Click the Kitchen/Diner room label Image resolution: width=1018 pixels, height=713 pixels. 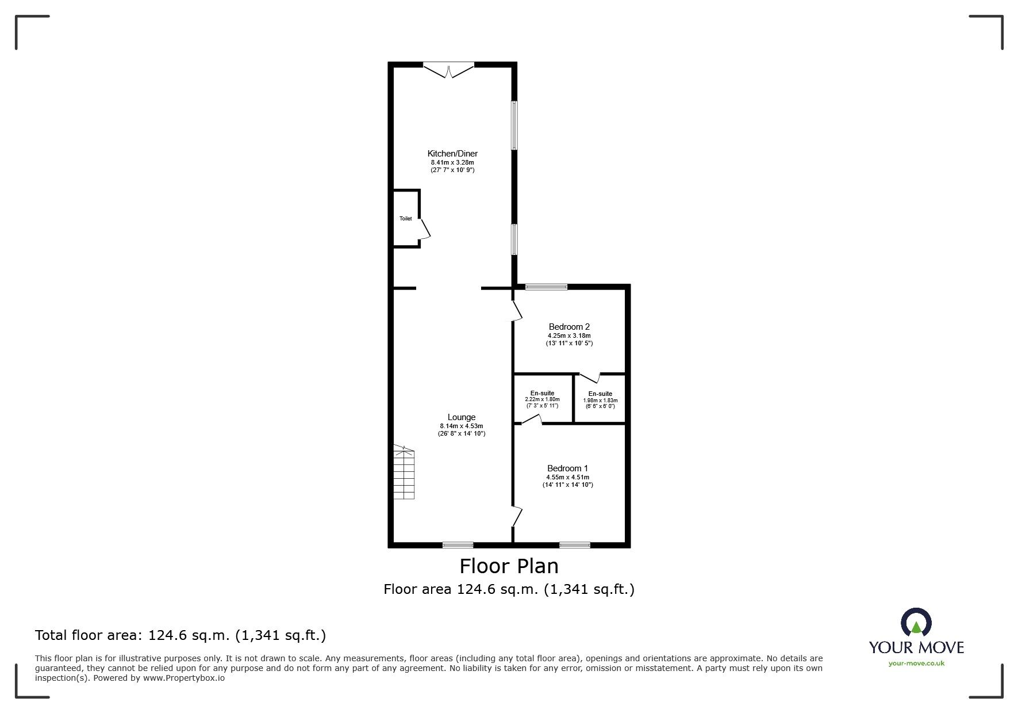coord(452,154)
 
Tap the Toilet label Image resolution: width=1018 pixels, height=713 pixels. coord(405,219)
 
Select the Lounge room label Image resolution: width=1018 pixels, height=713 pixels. coord(462,417)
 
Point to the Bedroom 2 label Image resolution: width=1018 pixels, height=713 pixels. coord(569,327)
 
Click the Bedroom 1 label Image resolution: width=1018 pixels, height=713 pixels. coord(567,468)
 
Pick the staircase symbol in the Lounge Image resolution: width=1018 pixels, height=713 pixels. coord(404,472)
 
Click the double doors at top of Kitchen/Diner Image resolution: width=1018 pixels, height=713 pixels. coord(449,69)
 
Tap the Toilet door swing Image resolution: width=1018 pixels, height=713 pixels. coord(425,228)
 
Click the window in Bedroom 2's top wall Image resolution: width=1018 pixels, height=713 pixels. coord(546,286)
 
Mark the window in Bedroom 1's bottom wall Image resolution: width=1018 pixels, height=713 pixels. coord(575,544)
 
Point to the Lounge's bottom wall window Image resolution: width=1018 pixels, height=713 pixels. coord(458,544)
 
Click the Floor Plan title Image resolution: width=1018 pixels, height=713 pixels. coord(509,566)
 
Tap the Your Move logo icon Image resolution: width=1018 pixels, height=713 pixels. coord(916,623)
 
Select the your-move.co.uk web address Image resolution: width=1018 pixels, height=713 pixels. coord(916,664)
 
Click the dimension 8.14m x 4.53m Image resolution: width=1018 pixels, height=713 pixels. coord(462,426)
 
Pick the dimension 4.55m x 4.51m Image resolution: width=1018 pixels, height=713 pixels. coord(567,477)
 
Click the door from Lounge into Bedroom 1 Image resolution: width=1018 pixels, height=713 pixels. coord(517,516)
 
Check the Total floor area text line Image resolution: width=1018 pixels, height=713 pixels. coord(180,635)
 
